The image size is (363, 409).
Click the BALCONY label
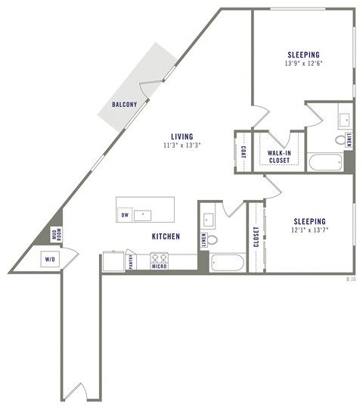click(x=124, y=105)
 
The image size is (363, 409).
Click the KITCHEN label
click(x=166, y=237)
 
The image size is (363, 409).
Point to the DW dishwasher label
click(x=125, y=215)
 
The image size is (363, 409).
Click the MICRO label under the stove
click(x=159, y=267)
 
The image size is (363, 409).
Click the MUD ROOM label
click(x=55, y=235)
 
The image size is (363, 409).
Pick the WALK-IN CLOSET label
click(x=279, y=156)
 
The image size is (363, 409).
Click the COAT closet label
click(x=244, y=151)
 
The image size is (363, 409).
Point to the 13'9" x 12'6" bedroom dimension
click(x=302, y=64)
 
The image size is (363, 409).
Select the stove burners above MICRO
click(x=159, y=257)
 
